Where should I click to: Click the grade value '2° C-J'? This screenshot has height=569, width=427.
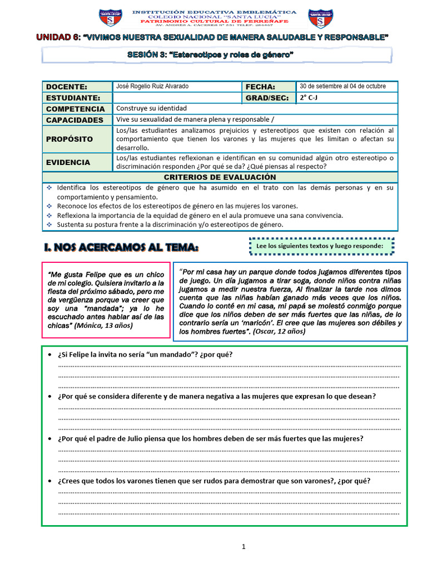[311, 97]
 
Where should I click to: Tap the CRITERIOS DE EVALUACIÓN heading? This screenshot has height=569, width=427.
[220, 177]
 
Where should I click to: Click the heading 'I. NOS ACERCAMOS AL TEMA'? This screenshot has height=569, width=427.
[121, 247]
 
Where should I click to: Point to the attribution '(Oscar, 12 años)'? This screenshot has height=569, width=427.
[279, 332]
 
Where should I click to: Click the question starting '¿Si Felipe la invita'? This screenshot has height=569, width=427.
[145, 355]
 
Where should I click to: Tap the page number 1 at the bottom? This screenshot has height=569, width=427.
[244, 547]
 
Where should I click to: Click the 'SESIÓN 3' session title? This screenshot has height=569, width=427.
[218, 54]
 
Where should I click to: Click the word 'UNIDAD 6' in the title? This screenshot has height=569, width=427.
[58, 37]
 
